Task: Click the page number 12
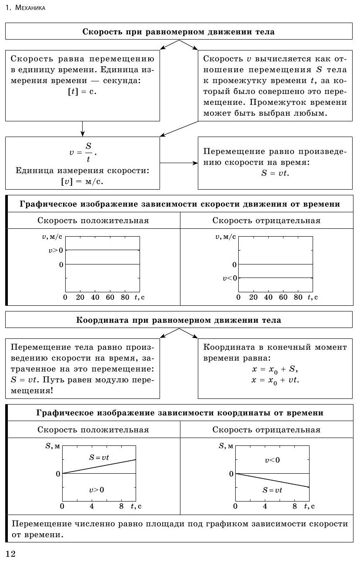pos(10,553)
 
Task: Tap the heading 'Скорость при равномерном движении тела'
pos(178,32)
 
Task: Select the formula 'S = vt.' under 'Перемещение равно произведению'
pos(275,173)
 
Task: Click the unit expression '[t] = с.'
pos(81,92)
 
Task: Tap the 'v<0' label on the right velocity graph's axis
pos(230,278)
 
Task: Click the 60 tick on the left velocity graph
pos(110,298)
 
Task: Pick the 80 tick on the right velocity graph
pos(298,298)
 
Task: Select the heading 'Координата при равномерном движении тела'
pos(178,320)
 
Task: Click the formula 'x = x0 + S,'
pos(275,369)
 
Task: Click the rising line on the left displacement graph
pos(99,466)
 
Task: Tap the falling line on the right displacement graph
pos(272,480)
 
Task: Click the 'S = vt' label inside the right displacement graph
pos(272,490)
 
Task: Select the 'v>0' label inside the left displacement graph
pos(97,490)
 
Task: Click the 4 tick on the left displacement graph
pos(92,506)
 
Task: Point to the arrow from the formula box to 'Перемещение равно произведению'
pos(178,163)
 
